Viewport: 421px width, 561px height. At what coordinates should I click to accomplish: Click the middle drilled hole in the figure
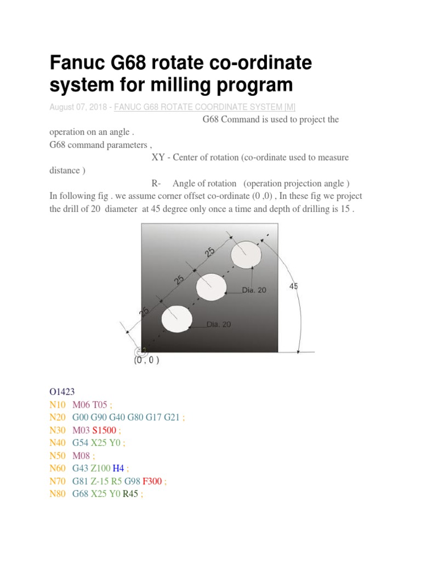click(211, 286)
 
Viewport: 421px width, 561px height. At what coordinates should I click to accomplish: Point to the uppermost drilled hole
click(246, 255)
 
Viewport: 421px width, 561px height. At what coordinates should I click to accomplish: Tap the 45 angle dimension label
click(293, 286)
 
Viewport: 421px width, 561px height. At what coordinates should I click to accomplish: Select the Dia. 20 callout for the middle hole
click(254, 290)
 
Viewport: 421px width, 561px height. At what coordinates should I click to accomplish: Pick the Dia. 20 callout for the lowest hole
click(219, 324)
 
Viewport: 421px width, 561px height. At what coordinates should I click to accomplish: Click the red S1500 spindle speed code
click(104, 430)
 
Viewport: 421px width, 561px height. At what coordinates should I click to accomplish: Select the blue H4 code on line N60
click(118, 468)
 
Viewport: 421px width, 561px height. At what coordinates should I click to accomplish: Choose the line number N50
click(57, 455)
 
